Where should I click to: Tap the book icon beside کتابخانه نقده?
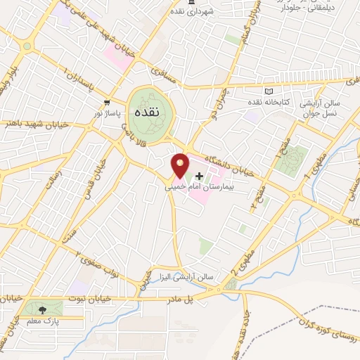(x=268, y=91)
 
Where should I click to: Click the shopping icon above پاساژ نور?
(x=107, y=102)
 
